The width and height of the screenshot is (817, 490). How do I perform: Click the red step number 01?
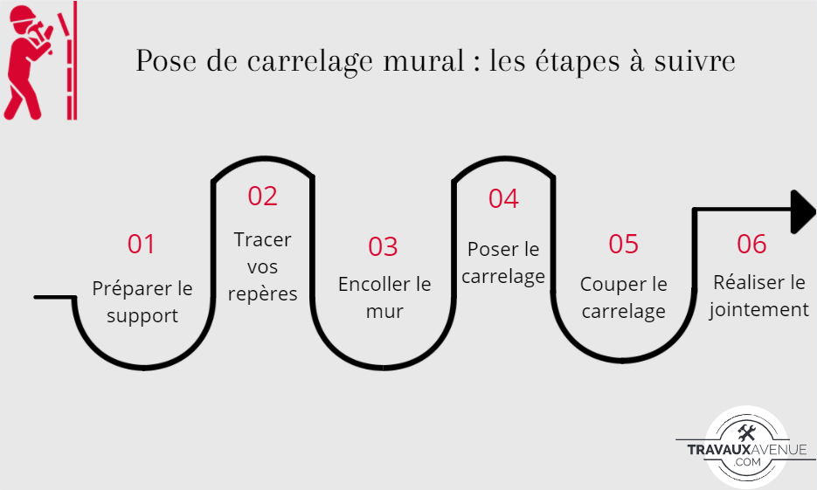pyautogui.click(x=141, y=244)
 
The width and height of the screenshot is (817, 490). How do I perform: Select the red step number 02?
pyautogui.click(x=262, y=196)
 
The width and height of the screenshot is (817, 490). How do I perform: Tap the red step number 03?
pyautogui.click(x=383, y=246)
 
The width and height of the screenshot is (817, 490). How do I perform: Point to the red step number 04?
pyautogui.click(x=503, y=198)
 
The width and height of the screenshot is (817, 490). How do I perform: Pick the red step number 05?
pyautogui.click(x=624, y=244)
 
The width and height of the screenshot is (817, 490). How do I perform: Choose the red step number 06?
pyautogui.click(x=751, y=244)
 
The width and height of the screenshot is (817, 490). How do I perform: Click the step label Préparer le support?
pyautogui.click(x=142, y=302)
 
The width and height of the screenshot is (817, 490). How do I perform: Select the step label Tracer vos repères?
pyautogui.click(x=263, y=266)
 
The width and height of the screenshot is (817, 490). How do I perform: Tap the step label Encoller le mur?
pyautogui.click(x=384, y=298)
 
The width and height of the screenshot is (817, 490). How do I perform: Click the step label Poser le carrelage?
pyautogui.click(x=503, y=263)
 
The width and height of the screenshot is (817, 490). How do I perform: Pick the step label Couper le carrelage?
pyautogui.click(x=624, y=298)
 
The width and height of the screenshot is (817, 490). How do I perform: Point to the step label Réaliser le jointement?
pyautogui.click(x=758, y=296)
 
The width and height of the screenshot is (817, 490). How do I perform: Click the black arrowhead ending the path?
pyautogui.click(x=802, y=211)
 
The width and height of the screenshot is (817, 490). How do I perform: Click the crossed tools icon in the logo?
pyautogui.click(x=747, y=433)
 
